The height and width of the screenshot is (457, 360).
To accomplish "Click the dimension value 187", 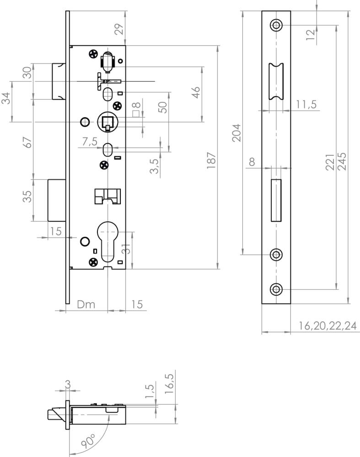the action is pyautogui.click(x=210, y=160).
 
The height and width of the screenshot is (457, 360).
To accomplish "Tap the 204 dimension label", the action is pyautogui.click(x=236, y=133).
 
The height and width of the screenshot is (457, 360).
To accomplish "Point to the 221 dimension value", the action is pyautogui.click(x=330, y=162).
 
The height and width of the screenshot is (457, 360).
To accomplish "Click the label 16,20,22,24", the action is pyautogui.click(x=328, y=325).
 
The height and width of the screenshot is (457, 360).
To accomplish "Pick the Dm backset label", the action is pyautogui.click(x=86, y=304).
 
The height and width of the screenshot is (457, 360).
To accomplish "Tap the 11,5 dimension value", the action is pyautogui.click(x=306, y=104).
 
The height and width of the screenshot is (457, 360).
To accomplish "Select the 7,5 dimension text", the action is pyautogui.click(x=90, y=141).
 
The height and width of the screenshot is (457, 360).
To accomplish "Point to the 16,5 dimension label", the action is pyautogui.click(x=170, y=384).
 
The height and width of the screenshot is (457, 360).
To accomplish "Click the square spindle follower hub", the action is pyautogui.click(x=107, y=122).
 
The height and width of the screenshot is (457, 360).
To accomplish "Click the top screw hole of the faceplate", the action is pyautogui.click(x=276, y=25).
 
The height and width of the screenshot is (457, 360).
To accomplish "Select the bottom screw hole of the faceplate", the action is pyautogui.click(x=276, y=289).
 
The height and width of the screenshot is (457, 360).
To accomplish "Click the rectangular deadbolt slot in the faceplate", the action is pyautogui.click(x=276, y=200).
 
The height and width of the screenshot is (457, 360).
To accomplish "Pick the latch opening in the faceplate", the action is pyautogui.click(x=276, y=82).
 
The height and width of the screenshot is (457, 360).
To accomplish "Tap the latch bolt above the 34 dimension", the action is pyautogui.click(x=59, y=82).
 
